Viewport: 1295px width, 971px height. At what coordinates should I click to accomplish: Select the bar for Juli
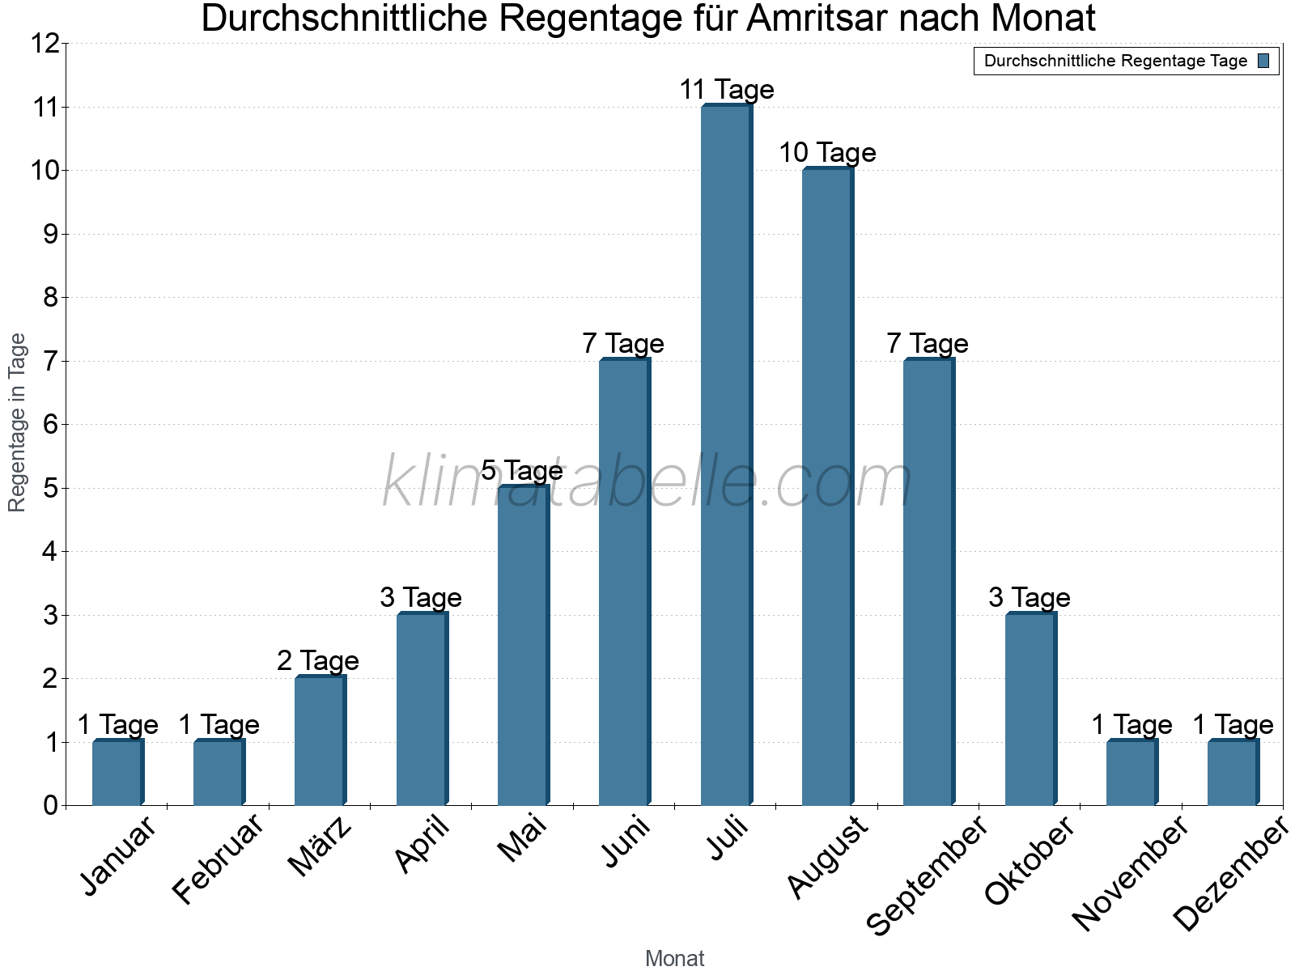(x=726, y=455)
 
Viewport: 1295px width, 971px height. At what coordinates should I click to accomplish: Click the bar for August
(x=827, y=486)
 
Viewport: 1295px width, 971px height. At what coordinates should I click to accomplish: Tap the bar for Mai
(x=523, y=645)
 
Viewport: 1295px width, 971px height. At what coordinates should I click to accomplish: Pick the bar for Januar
(x=117, y=773)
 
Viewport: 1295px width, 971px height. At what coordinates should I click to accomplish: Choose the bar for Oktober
(x=1030, y=709)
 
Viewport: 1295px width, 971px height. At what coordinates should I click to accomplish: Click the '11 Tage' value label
(x=726, y=89)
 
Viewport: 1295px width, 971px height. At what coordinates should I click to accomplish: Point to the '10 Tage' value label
(x=827, y=152)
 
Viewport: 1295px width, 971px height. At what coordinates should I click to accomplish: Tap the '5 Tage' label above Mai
(x=522, y=470)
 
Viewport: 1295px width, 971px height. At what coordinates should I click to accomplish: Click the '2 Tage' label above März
(x=318, y=661)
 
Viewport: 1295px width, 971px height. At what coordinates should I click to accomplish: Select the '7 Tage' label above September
(x=928, y=343)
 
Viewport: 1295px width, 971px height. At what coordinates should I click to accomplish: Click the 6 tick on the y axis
(x=51, y=425)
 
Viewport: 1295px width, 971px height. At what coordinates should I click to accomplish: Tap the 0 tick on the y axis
(x=51, y=805)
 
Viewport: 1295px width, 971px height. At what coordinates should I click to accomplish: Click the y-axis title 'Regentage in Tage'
(x=17, y=422)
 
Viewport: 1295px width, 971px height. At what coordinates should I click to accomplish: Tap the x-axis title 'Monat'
(x=674, y=959)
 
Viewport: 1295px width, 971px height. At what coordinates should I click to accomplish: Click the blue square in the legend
(x=1263, y=61)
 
